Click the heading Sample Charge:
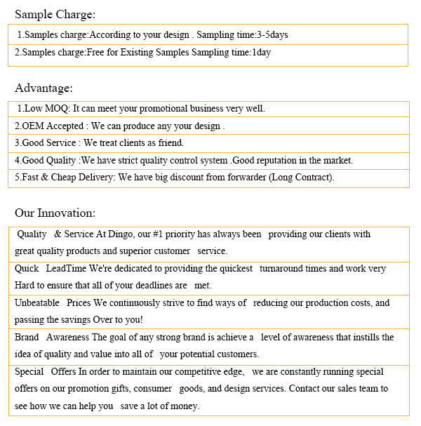pyautogui.click(x=55, y=14)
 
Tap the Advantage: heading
pyautogui.click(x=44, y=88)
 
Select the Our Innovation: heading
pyautogui.click(x=55, y=213)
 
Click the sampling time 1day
pyautogui.click(x=261, y=52)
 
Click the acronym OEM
pyautogui.click(x=33, y=126)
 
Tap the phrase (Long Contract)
pyautogui.click(x=302, y=177)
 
